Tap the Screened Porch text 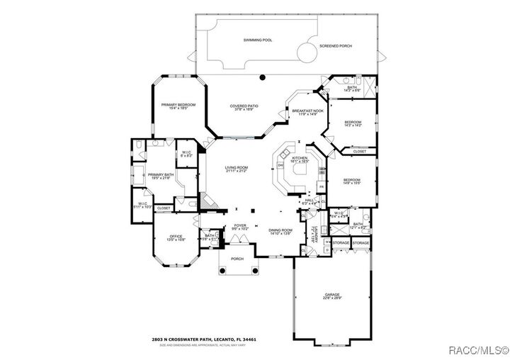pos(336,46)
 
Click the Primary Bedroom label pos(178,105)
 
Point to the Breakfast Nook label pos(308,111)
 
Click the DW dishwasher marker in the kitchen pos(281,166)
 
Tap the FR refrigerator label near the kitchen pos(322,186)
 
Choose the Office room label pos(176,236)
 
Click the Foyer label pos(239,226)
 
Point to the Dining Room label pos(280,230)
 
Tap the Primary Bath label pos(161,174)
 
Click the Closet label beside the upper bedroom pos(359,151)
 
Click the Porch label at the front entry pos(237,259)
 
